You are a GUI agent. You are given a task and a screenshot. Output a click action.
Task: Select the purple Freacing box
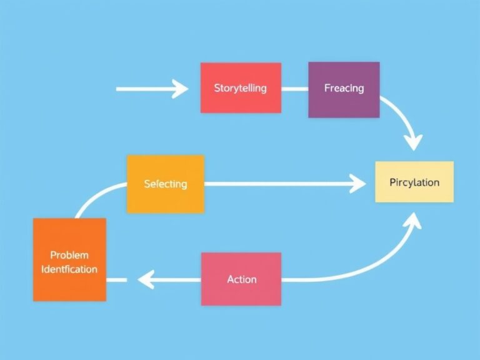pos(344,89)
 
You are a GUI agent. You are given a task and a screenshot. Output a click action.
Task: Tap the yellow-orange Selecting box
pos(165,184)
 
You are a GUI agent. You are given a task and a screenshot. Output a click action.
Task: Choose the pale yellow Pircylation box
pos(414,182)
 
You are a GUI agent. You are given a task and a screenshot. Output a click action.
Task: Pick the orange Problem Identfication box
pos(69,259)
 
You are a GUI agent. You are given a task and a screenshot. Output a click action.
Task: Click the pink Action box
pos(241,279)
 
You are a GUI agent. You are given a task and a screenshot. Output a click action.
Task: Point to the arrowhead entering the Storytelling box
pos(181,89)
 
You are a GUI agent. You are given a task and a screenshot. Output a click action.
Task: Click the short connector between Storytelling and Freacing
pos(294,89)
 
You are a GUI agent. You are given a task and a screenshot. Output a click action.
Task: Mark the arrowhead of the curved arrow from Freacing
pos(412,142)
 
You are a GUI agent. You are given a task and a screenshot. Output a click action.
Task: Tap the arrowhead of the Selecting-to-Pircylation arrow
pos(359,184)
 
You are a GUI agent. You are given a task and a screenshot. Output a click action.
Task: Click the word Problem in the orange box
pos(69,255)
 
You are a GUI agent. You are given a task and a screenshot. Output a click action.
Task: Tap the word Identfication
pos(69,269)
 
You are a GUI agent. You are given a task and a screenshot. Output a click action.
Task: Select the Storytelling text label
pos(240,87)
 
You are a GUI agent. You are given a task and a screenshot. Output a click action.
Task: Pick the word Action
pos(241,279)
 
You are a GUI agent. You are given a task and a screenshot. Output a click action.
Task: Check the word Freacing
pos(344,88)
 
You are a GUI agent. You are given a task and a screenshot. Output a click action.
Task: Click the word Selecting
pos(165,184)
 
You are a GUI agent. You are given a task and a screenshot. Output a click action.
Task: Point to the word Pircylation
pos(414,182)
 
